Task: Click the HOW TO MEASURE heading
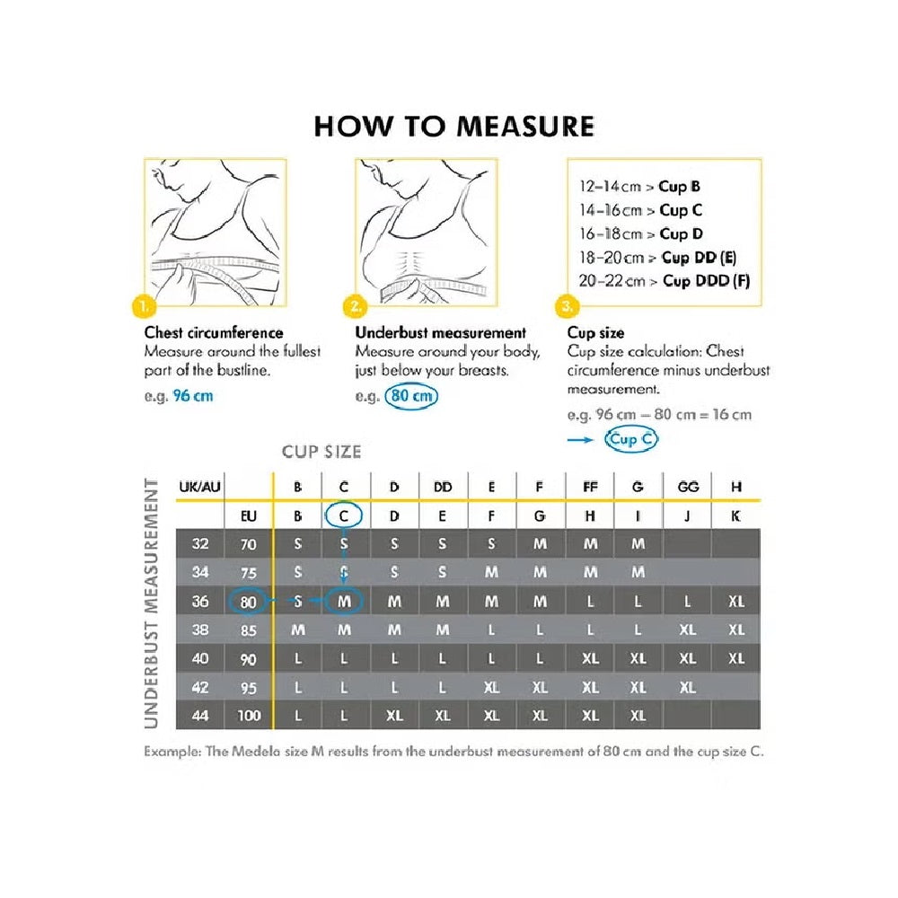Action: point(453,126)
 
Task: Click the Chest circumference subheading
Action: point(214,333)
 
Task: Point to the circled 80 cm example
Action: point(412,396)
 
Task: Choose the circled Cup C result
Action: point(631,439)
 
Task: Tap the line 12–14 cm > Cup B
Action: point(640,187)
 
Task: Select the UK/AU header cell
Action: point(199,487)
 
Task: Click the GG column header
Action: point(687,487)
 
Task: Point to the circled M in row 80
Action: point(345,602)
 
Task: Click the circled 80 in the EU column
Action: point(249,602)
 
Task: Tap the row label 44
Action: point(200,716)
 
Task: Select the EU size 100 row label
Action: point(249,716)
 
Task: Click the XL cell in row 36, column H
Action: point(736,602)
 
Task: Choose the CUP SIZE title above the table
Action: point(321,451)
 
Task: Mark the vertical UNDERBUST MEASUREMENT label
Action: point(152,603)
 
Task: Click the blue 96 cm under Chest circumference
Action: point(193,396)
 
